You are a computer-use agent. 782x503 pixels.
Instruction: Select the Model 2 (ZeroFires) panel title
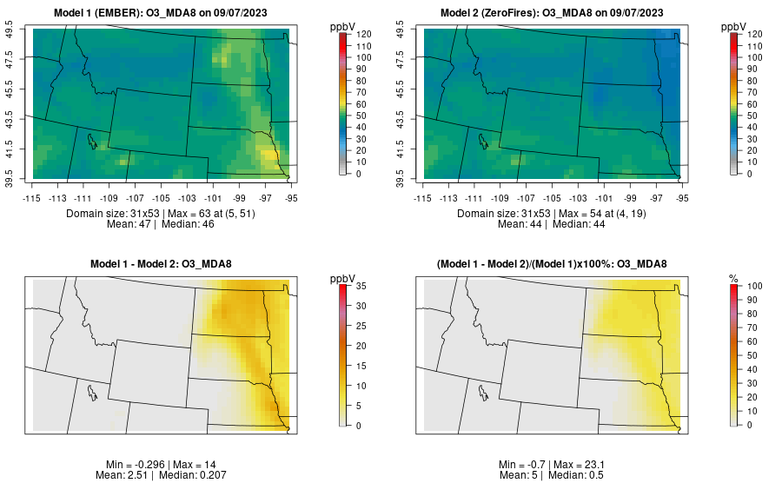click(555, 12)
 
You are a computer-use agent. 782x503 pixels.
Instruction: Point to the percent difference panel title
click(555, 264)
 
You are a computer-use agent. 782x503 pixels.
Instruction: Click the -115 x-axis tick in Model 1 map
click(32, 198)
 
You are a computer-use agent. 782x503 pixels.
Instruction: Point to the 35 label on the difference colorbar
click(361, 286)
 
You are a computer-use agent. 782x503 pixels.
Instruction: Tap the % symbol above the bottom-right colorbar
click(733, 278)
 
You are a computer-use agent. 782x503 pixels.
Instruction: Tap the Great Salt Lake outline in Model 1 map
click(90, 139)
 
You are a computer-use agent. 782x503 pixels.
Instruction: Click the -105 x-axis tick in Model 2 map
click(553, 198)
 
